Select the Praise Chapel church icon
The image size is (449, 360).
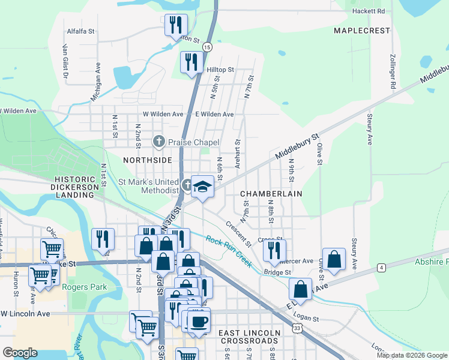(158, 142)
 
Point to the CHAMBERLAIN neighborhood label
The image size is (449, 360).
(271, 194)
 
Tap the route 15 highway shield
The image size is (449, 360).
(207, 46)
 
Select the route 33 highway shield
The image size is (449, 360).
(297, 328)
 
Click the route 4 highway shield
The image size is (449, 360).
(381, 266)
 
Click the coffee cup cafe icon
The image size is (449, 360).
(199, 320)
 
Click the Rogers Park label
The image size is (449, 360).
(88, 287)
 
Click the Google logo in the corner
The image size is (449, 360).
(20, 353)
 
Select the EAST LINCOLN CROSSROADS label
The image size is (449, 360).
(249, 337)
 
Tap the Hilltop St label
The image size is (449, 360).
(220, 70)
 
